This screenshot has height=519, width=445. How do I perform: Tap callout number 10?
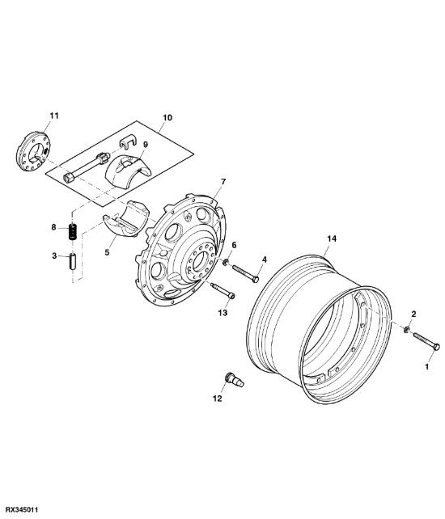pyautogui.click(x=167, y=118)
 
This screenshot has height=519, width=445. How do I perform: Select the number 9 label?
pyautogui.click(x=146, y=146)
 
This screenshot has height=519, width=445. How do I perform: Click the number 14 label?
pyautogui.click(x=330, y=238)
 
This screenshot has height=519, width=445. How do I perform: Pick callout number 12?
pyautogui.click(x=217, y=398)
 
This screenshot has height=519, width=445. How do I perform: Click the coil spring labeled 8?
pyautogui.click(x=72, y=231)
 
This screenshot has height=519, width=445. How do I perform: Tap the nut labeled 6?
pyautogui.click(x=227, y=264)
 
